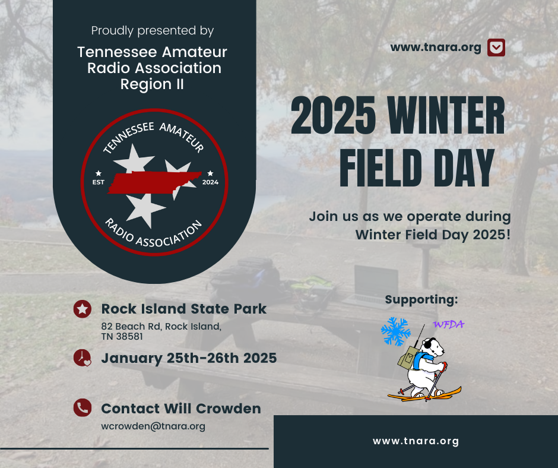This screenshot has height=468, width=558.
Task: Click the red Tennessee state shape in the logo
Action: point(154,182)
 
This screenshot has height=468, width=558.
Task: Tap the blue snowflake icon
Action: point(395,331)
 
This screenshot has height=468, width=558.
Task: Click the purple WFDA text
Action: point(448,324)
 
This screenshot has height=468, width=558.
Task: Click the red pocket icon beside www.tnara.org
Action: point(496,48)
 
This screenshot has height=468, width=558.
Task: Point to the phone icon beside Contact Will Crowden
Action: point(82,407)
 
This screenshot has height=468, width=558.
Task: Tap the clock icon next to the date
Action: point(82,358)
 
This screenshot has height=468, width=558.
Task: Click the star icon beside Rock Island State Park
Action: point(82,309)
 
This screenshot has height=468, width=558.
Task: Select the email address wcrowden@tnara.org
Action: point(153,426)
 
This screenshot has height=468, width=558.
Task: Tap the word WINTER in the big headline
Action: point(446,115)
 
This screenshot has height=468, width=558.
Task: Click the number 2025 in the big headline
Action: point(334,115)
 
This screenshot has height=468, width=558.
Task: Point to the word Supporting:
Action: point(421,300)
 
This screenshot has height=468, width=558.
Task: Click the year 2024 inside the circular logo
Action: point(210,182)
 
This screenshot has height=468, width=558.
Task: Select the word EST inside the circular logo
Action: point(98,182)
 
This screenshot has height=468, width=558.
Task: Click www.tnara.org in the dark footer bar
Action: point(416,441)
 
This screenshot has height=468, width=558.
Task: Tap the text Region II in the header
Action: point(152,84)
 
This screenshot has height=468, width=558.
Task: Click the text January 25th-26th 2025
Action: point(189,358)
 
